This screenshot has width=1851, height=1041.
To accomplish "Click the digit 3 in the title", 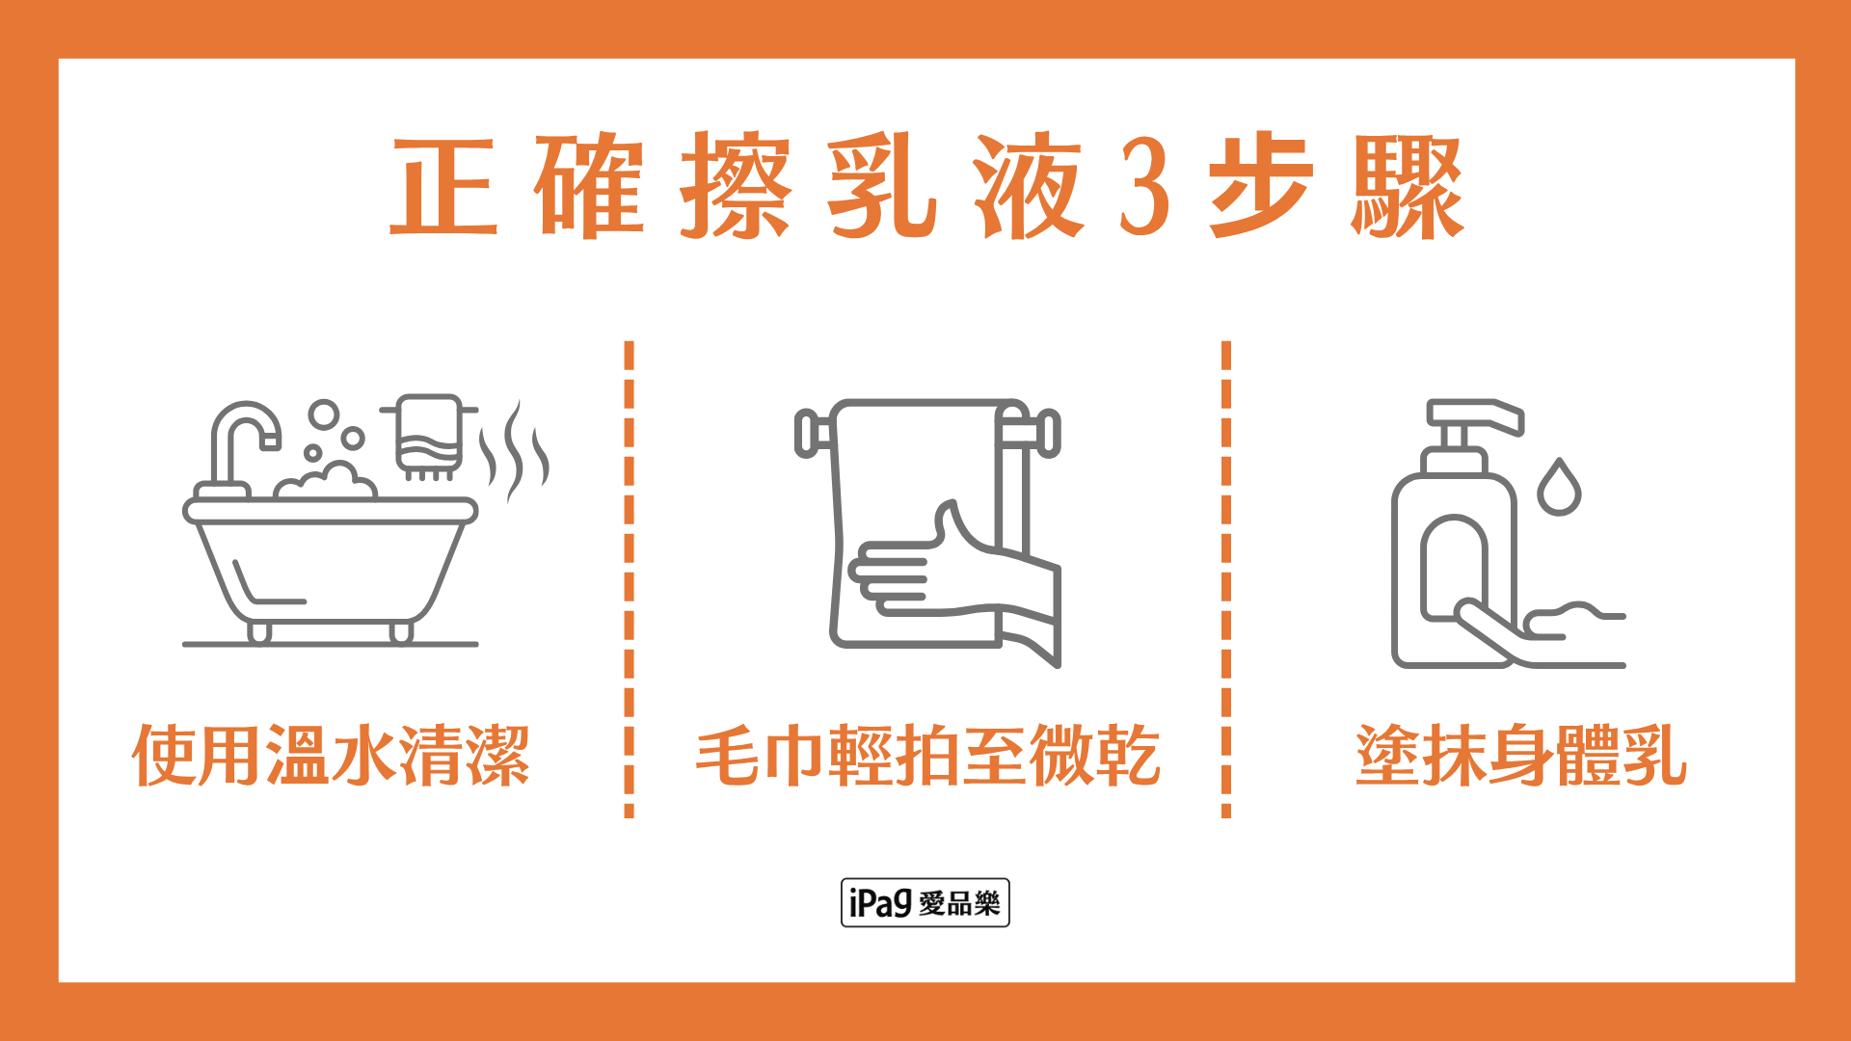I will pos(1144,187).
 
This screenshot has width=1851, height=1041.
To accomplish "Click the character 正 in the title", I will pos(443,187).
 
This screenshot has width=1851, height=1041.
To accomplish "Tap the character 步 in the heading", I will pos(1261,187).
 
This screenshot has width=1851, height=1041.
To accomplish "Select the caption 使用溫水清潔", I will pos(331,755).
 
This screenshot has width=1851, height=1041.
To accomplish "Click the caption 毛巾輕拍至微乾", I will pos(927,755).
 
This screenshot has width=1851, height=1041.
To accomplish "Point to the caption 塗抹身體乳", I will pos(1521,755).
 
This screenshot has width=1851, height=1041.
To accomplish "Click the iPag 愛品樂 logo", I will pos(925,902).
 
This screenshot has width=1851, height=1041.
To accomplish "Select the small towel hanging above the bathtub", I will pos(428,434).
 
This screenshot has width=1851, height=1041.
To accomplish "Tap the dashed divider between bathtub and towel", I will pos(630,578).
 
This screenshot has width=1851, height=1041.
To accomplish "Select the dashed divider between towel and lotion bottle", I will pos(1226,578).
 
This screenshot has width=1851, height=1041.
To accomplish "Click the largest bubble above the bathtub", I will pos(324,414).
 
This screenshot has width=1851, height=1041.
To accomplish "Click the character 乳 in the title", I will pos(881,187).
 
